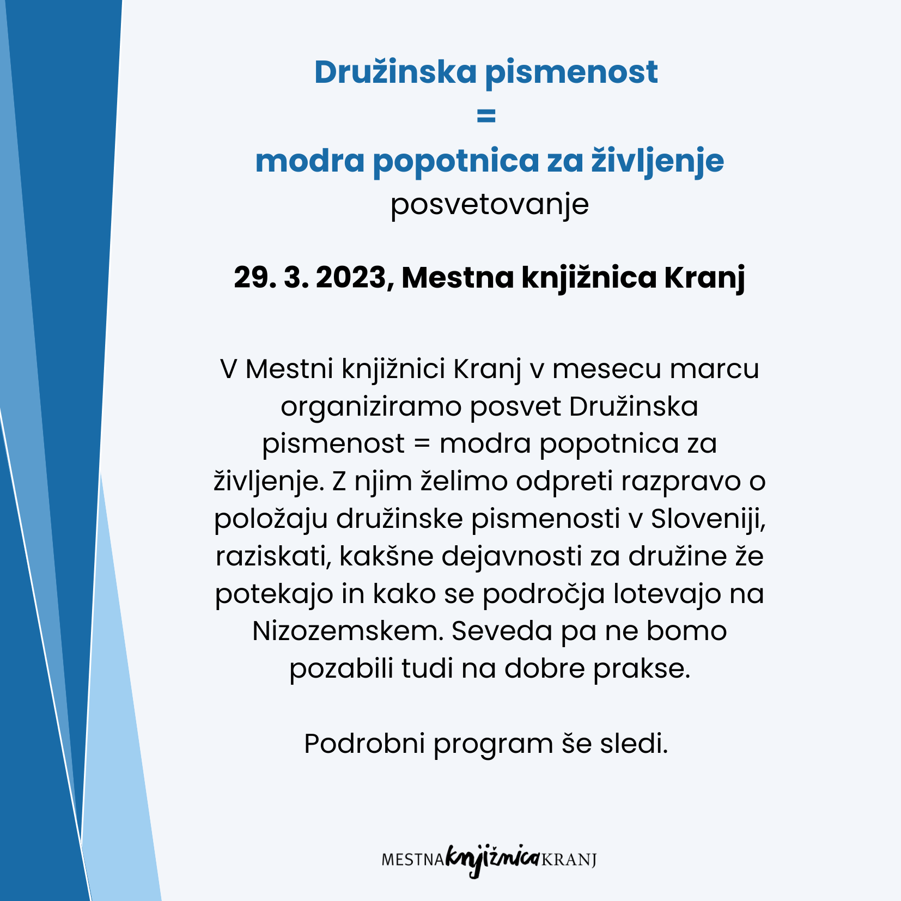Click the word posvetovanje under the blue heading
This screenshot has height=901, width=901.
pyautogui.click(x=490, y=205)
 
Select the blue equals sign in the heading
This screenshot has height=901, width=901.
pyautogui.click(x=486, y=115)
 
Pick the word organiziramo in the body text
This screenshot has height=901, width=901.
pyautogui.click(x=371, y=407)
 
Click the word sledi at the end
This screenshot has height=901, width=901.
pyautogui.click(x=634, y=743)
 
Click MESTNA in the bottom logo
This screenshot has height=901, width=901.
pyautogui.click(x=413, y=860)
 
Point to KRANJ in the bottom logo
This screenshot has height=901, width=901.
pyautogui.click(x=569, y=860)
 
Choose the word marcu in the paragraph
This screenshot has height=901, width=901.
pyautogui.click(x=715, y=369)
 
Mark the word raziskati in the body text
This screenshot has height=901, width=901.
pyautogui.click(x=274, y=556)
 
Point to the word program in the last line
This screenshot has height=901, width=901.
pyautogui.click(x=494, y=744)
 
